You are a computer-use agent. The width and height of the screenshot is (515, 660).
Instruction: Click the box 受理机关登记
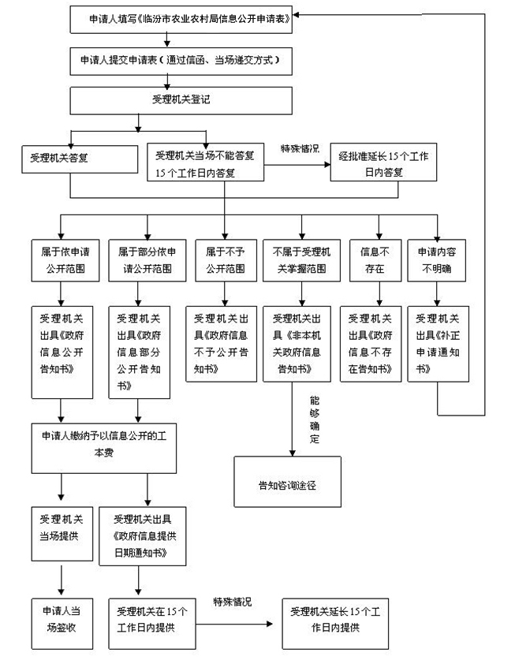181,101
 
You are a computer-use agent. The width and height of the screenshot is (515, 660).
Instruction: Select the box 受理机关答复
80,159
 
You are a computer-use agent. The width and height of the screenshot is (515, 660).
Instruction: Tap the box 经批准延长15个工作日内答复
383,162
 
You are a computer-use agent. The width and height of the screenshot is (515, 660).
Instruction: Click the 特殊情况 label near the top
300,148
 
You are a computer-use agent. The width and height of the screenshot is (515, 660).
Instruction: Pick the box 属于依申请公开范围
65,260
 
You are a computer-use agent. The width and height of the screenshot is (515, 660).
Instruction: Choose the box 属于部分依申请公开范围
147,260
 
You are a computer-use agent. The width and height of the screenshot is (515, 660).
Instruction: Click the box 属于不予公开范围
226,260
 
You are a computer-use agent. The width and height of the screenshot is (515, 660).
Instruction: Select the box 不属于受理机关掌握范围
301,260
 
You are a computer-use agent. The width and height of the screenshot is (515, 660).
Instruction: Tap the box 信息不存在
375,260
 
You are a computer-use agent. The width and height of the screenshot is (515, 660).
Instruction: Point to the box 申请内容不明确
437,260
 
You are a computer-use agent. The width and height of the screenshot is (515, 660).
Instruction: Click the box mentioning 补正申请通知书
438,344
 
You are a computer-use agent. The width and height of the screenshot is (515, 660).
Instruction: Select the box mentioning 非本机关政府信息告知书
297,344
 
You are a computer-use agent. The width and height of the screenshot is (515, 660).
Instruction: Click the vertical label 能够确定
315,419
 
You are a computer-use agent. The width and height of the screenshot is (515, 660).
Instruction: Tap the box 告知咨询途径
288,482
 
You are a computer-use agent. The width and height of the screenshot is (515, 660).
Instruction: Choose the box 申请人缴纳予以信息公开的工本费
104,448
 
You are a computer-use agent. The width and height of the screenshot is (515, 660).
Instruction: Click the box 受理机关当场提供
62,534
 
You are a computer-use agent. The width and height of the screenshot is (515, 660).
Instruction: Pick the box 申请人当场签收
62,624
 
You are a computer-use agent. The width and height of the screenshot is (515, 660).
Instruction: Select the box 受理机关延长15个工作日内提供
335,624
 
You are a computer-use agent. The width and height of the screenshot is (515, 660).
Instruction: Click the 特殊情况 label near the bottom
233,602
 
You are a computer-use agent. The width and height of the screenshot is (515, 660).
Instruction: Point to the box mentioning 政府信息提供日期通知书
142,536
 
